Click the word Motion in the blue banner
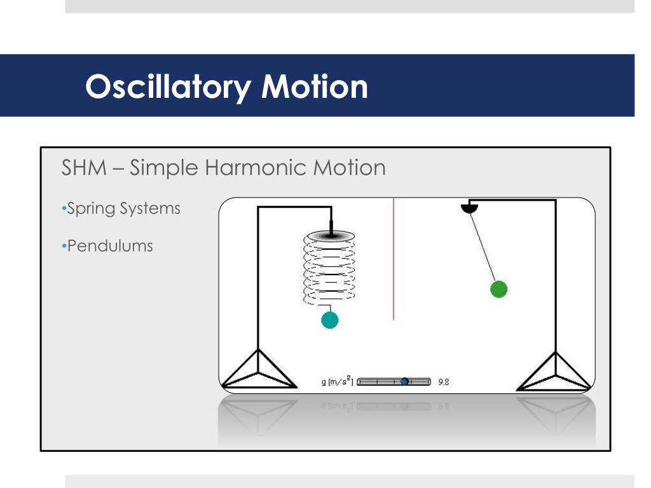tap(315, 86)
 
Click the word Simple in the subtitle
tap(165, 168)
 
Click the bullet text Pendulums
tap(110, 246)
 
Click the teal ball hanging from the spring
tap(329, 320)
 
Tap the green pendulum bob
tap(499, 289)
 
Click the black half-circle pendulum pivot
tap(469, 207)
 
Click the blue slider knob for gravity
tap(404, 381)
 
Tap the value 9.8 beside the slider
tap(444, 382)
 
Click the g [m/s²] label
tap(337, 382)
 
